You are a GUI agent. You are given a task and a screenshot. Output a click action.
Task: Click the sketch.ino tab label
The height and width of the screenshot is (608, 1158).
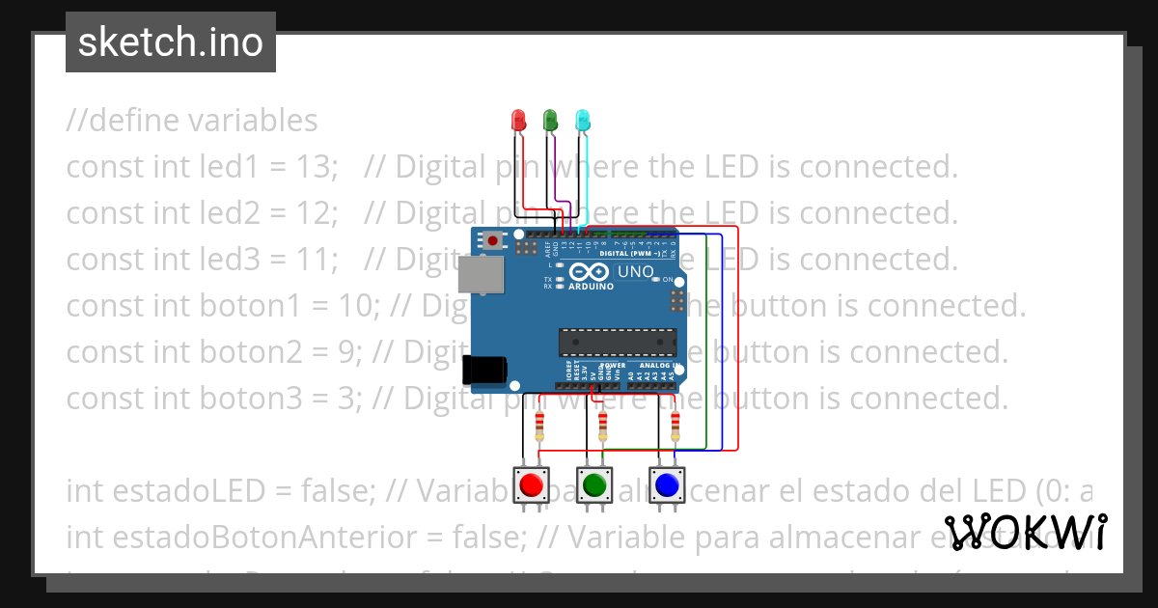(171, 42)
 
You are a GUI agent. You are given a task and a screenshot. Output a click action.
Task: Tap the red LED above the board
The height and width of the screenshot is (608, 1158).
(517, 121)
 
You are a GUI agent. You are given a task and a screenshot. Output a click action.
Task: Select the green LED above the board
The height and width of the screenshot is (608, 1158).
(550, 121)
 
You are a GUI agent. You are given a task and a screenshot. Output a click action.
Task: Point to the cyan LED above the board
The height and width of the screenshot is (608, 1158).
(582, 121)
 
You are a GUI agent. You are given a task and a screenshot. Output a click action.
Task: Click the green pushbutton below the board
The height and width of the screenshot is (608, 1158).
(594, 484)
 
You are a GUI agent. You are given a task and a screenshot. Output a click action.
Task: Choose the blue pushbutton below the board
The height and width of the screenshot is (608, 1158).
(665, 484)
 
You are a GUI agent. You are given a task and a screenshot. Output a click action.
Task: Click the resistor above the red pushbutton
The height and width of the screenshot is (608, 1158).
(539, 426)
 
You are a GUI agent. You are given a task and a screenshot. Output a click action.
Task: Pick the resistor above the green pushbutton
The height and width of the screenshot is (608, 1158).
(603, 426)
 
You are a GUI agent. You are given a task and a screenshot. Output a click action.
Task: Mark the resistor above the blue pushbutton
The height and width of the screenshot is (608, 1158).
(675, 426)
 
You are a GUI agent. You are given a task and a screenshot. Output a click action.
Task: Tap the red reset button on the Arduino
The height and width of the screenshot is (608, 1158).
(493, 240)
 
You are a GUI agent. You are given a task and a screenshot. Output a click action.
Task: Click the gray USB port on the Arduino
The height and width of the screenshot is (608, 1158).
(482, 274)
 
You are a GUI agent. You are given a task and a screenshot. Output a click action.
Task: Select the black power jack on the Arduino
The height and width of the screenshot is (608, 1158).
(484, 370)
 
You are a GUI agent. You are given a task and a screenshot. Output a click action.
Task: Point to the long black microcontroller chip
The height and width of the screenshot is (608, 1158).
(617, 343)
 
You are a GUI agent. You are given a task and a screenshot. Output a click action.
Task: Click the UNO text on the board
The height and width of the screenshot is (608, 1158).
(635, 272)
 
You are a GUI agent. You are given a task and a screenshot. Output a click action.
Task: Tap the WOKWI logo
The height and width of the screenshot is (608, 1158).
(1026, 531)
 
